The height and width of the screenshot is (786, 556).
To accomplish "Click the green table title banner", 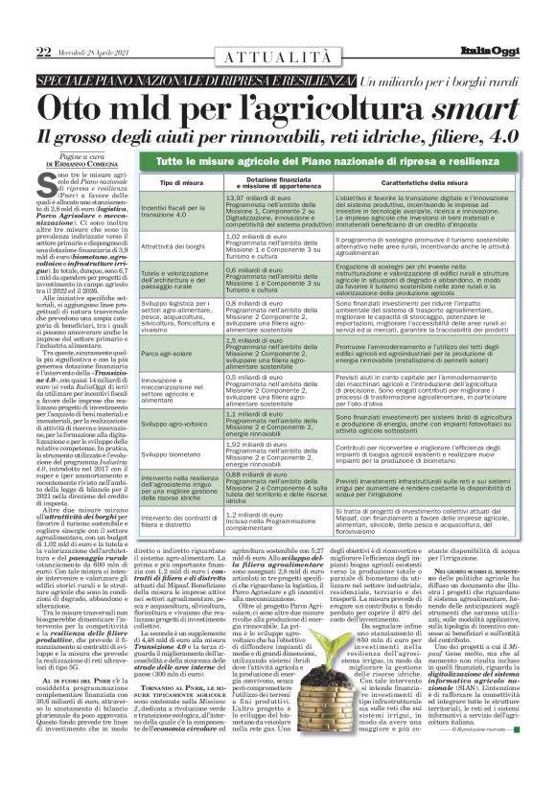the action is [339, 163].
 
